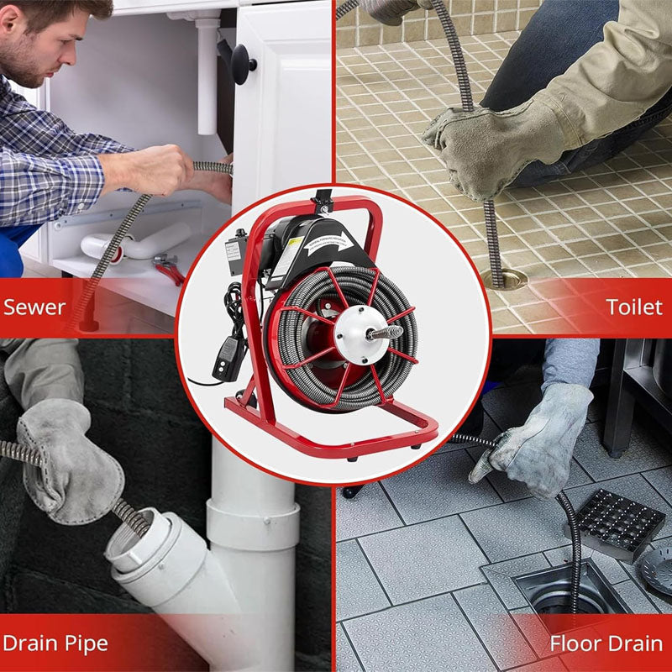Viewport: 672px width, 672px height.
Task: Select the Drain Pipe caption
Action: (x=55, y=644)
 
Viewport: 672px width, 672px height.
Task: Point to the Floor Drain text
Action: (x=606, y=644)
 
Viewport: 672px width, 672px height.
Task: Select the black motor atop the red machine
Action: (x=294, y=244)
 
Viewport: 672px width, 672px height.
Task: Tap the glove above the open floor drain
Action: (x=538, y=437)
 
